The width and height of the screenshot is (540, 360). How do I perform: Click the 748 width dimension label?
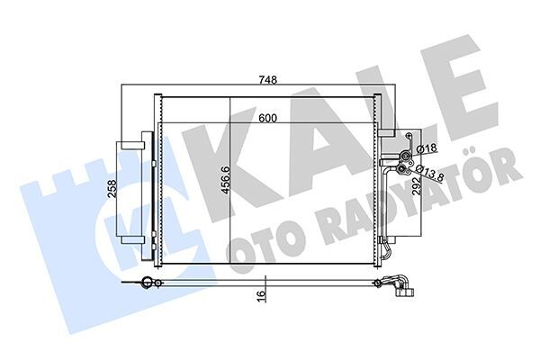[x=268, y=79]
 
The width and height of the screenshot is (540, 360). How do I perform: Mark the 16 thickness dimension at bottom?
[x=259, y=293]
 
